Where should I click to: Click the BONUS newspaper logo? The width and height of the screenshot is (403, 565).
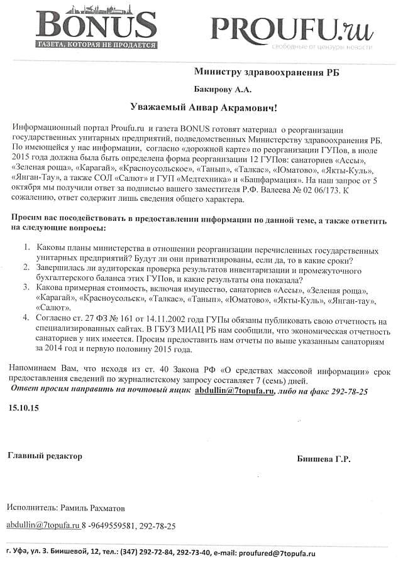pyautogui.click(x=97, y=25)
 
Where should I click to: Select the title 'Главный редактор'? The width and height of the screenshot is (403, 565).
pyautogui.click(x=45, y=456)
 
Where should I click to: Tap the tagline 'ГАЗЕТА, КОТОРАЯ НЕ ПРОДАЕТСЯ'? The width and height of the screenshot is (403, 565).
pyautogui.click(x=97, y=45)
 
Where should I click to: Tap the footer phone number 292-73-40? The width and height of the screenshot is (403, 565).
pyautogui.click(x=196, y=554)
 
